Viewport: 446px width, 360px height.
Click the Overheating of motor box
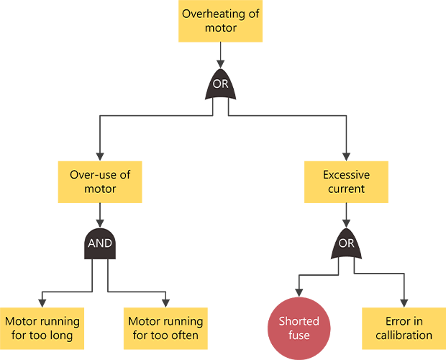pyautogui.click(x=220, y=22)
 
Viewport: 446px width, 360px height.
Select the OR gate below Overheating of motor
pyautogui.click(x=220, y=85)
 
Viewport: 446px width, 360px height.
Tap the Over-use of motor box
pyautogui.click(x=100, y=181)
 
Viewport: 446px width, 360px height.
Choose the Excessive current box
pyautogui.click(x=346, y=181)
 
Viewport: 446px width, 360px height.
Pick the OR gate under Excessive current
pyautogui.click(x=346, y=243)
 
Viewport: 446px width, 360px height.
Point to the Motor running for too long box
pyautogui.click(x=42, y=328)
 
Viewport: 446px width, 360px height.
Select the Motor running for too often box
pyautogui.click(x=165, y=328)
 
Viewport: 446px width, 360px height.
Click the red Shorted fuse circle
pyautogui.click(x=299, y=328)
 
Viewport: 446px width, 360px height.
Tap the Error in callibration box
pyautogui.click(x=404, y=328)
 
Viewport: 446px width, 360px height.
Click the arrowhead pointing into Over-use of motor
pyautogui.click(x=100, y=156)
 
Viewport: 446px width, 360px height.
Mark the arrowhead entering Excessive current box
pyautogui.click(x=346, y=156)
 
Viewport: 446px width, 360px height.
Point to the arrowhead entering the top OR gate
pyautogui.click(x=220, y=64)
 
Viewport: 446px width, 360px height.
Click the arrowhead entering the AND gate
pyautogui.click(x=100, y=222)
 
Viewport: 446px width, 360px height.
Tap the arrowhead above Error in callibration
pyautogui.click(x=404, y=302)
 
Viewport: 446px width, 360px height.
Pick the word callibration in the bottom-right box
pyautogui.click(x=404, y=335)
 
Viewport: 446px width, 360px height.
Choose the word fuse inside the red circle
pyautogui.click(x=299, y=335)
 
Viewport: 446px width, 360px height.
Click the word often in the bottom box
pyautogui.click(x=183, y=335)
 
